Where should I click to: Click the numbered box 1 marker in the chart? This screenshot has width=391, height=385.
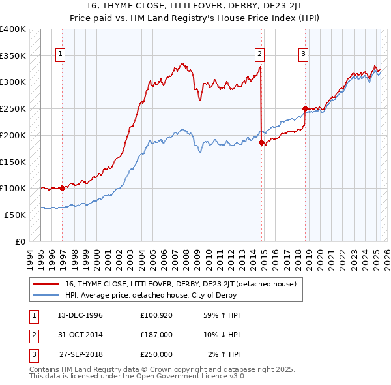60,54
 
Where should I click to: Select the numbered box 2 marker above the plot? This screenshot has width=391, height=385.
259,54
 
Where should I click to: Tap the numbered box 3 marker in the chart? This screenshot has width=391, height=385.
303,54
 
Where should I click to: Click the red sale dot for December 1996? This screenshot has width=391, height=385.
63,188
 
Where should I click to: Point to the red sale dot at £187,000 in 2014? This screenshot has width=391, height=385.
261,142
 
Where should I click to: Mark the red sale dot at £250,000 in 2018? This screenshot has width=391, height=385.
305,108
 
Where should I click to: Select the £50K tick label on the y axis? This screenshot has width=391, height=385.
16,215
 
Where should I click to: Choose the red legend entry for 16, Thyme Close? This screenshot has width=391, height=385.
181,284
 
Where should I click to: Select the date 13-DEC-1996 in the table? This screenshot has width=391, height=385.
81,315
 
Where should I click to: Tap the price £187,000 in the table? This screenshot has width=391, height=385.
156,334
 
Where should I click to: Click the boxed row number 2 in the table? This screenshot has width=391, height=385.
32,334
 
